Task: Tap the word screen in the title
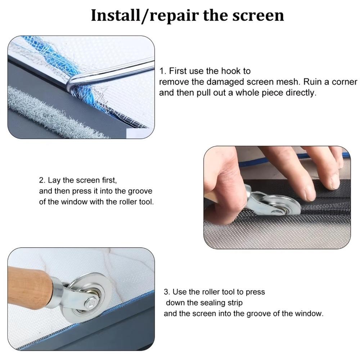click(257, 16)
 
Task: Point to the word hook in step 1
click(241, 71)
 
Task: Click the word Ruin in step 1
click(313, 82)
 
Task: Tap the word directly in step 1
click(301, 93)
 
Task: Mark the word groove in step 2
click(141, 191)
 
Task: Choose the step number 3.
click(166, 292)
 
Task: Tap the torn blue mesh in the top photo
click(54, 58)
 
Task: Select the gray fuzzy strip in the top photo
click(43, 112)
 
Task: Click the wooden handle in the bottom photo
click(29, 288)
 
